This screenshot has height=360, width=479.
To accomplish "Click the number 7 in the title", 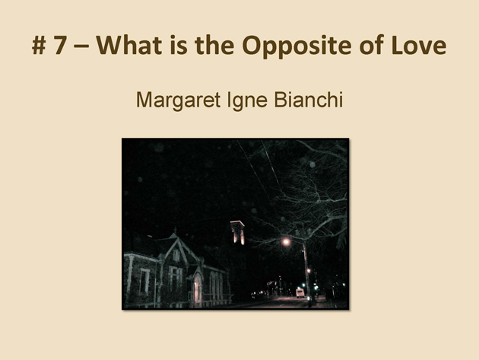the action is point(61,45).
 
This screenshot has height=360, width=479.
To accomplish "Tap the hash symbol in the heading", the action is point(39,46).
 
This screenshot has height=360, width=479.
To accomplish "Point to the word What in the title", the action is point(129,45).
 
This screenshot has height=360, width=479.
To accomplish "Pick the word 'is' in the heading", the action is point(179,45).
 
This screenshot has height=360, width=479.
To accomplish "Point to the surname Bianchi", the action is point(309,100).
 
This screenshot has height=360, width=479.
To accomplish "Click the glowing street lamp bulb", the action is point(286,242).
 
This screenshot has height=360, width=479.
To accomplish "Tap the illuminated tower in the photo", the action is point(237,233).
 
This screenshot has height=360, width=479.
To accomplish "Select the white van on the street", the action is point(300,293).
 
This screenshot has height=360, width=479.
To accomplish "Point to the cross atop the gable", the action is point(175,230).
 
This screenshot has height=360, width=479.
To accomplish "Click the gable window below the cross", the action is point(176,256).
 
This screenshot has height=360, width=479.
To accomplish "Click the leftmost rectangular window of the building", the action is point(144,282).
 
